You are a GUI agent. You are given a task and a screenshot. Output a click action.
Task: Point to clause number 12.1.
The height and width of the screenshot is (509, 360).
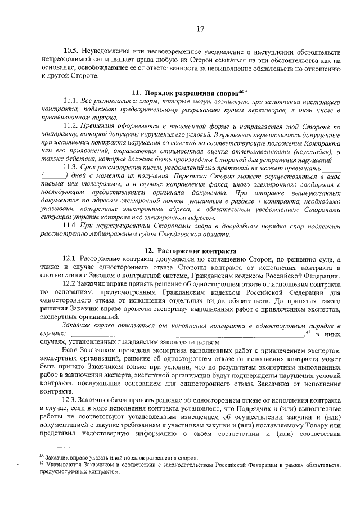pyautogui.click(x=72, y=260)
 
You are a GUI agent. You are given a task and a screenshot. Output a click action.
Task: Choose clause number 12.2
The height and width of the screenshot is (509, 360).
pyautogui.click(x=72, y=285)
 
